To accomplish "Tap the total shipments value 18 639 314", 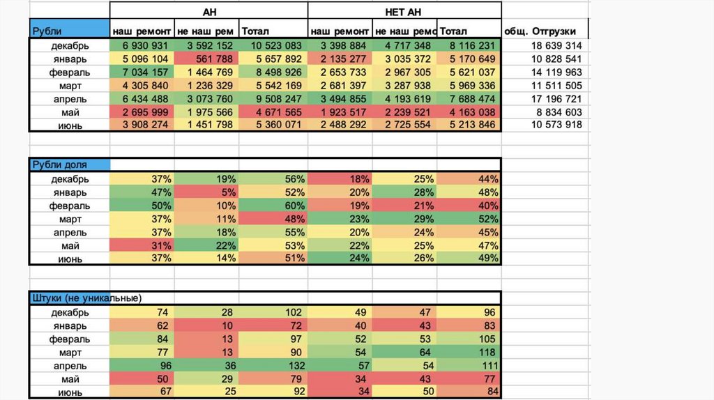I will tap(555, 46).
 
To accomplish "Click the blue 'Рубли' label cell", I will tap(69, 31).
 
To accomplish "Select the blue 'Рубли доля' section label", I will tap(69, 165).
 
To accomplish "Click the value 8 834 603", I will tap(555, 112).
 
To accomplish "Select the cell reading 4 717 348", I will tap(407, 46).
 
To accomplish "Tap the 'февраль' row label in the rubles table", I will tap(70, 72).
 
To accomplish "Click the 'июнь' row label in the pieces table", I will tap(70, 392).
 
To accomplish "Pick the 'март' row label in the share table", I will tap(70, 219).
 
